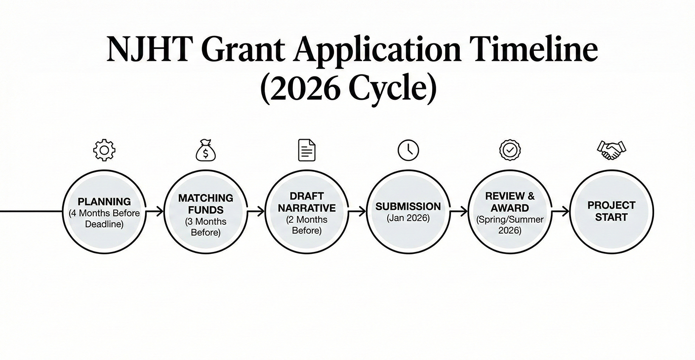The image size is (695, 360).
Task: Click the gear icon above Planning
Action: pos(104,150)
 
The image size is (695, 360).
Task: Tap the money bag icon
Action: pos(205,151)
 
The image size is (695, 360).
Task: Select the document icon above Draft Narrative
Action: pos(307,150)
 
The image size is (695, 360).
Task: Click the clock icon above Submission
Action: pos(408,150)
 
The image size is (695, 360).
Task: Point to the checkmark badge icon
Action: pos(510,150)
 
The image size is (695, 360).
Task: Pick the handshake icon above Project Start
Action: pos(611,151)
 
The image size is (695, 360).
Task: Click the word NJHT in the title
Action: pos(148,49)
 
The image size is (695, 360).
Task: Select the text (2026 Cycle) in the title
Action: pos(348,89)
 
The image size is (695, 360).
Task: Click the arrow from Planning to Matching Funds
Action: pos(155,212)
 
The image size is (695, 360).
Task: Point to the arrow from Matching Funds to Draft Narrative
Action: pos(256,212)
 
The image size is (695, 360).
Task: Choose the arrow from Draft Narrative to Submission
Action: pos(357,212)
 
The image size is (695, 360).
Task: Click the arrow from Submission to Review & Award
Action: pos(458,212)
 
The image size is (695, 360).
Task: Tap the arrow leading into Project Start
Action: pos(560,212)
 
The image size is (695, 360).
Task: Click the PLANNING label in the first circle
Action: pos(104,202)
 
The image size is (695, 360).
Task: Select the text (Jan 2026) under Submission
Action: pos(408,218)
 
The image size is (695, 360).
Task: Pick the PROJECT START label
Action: pos(611,211)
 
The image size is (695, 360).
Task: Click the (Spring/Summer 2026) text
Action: pos(510,225)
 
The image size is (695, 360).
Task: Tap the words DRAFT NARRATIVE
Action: pos(307,202)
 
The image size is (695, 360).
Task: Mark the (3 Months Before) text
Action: pos(205,227)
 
